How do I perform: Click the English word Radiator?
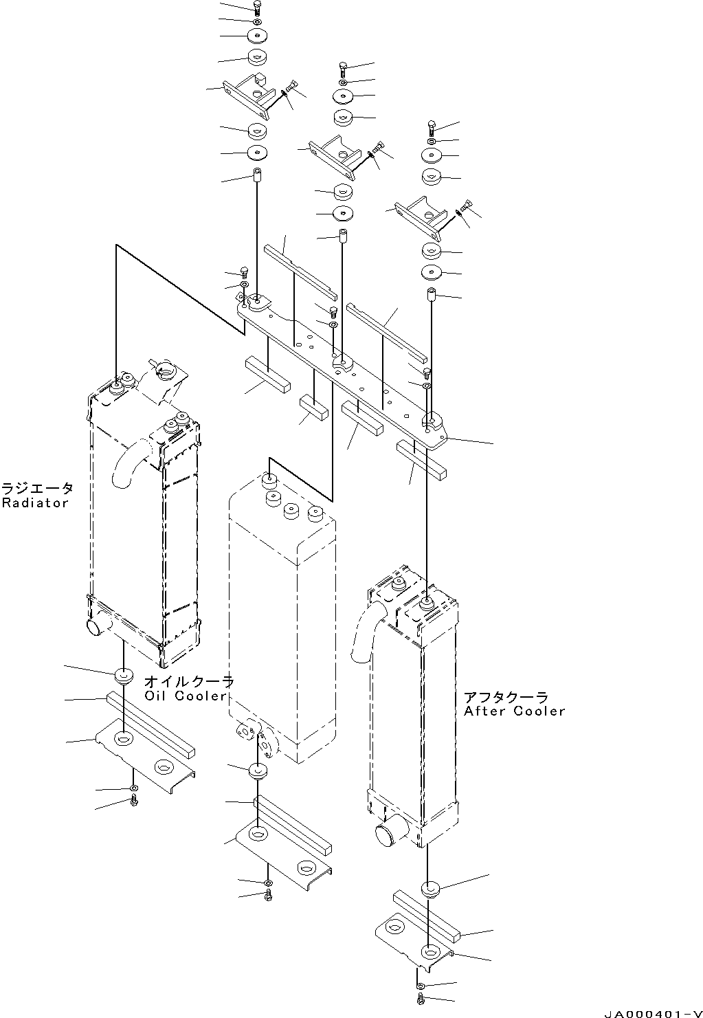[35, 503]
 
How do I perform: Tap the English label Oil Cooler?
[186, 696]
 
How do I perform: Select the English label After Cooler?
[514, 711]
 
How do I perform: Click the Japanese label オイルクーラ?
[189, 682]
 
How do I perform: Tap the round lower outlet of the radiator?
[95, 627]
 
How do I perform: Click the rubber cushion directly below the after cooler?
[430, 888]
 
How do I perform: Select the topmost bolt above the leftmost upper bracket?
[256, 9]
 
